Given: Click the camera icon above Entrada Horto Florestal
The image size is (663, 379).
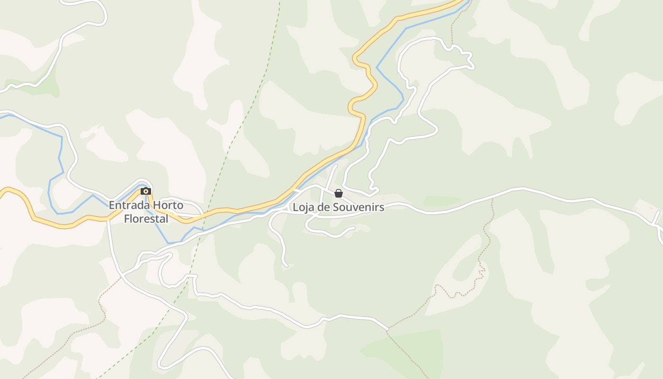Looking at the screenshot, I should (x=146, y=191).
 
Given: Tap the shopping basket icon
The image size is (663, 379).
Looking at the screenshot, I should (x=339, y=193).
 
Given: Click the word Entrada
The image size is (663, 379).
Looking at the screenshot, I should (x=126, y=206).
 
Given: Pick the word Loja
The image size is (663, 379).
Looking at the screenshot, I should (x=302, y=207).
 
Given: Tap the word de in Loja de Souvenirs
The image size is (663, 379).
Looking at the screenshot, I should (x=323, y=207).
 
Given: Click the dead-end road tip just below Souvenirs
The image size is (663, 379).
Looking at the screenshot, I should (x=354, y=228).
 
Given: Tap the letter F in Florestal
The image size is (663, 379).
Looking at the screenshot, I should (x=126, y=219).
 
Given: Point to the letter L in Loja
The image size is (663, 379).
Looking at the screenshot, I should (x=296, y=207).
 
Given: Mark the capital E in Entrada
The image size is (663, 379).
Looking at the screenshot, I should (x=112, y=206).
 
